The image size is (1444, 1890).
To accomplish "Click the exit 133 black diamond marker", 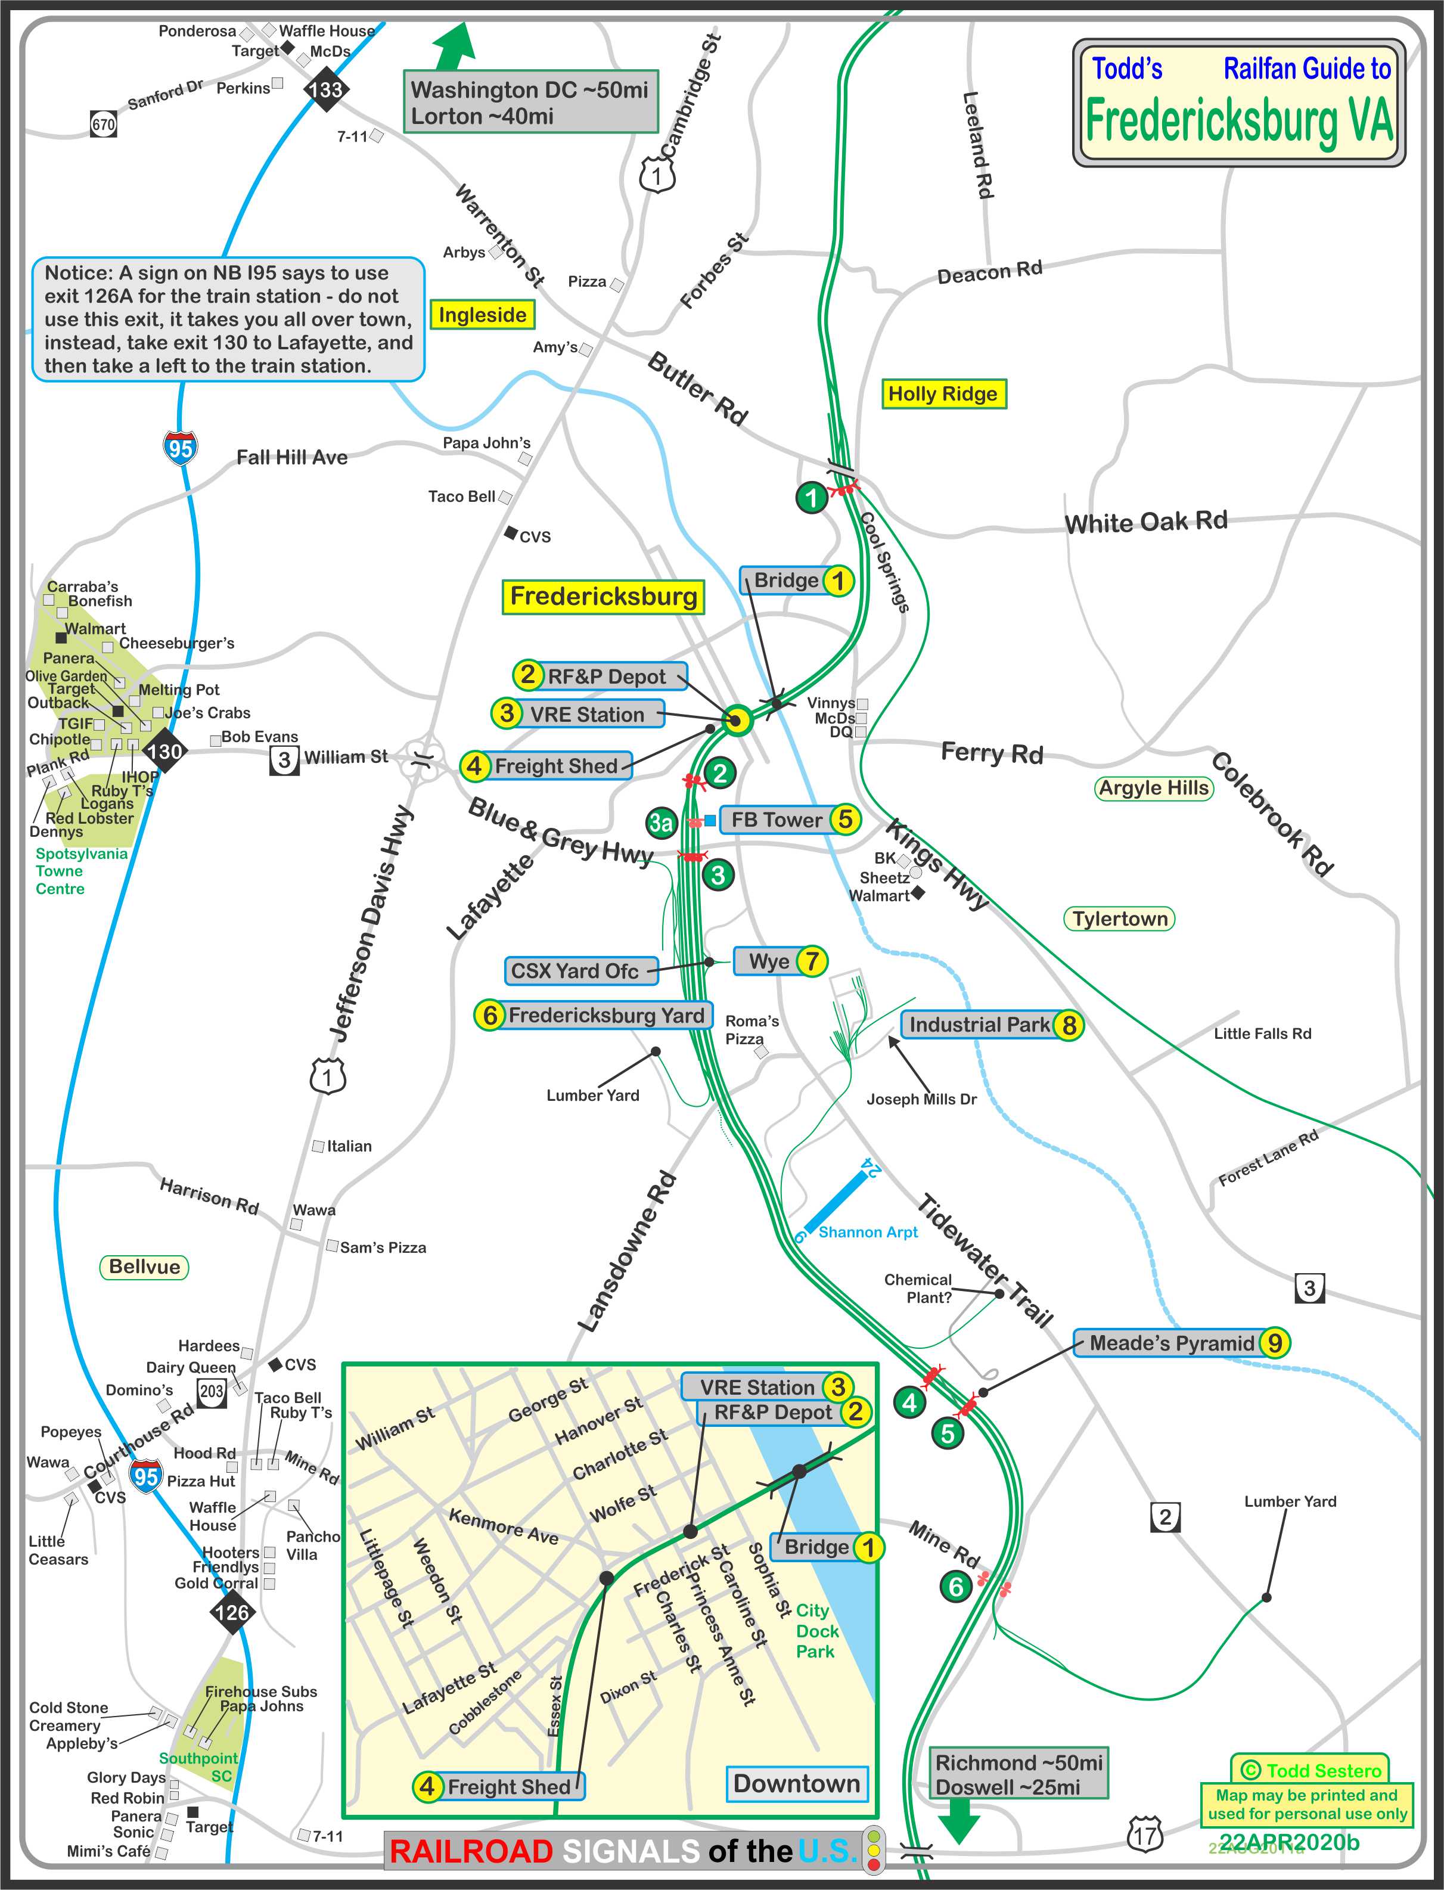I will [x=326, y=89].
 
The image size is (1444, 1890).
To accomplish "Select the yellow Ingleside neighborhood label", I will [x=482, y=315].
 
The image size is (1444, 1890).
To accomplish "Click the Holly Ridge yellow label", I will [x=942, y=393].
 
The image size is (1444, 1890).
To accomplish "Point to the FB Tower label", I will [x=776, y=820].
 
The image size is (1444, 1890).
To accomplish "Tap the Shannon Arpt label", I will [x=867, y=1231].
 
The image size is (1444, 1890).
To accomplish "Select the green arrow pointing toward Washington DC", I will [x=455, y=46].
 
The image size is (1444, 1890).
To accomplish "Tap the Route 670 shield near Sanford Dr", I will [x=103, y=125].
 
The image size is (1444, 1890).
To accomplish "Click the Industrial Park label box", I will [x=979, y=1025].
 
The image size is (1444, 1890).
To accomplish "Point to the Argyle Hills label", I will [x=1154, y=788].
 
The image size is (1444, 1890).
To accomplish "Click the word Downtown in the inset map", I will [x=796, y=1783].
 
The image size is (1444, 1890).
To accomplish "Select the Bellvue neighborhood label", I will [x=144, y=1267].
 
